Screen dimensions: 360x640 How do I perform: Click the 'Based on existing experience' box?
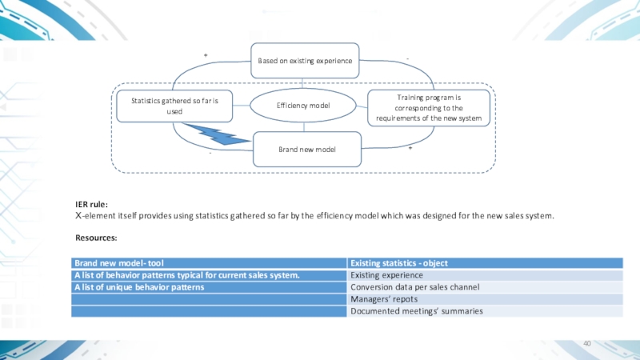[x=305, y=61]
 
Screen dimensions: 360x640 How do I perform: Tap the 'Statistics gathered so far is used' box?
[x=174, y=106]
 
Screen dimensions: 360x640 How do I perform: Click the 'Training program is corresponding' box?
[x=429, y=106]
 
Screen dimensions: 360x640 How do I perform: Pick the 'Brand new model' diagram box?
[x=306, y=150]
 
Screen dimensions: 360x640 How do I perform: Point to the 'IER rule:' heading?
[x=91, y=205]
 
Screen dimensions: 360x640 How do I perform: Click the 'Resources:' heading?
[x=96, y=238]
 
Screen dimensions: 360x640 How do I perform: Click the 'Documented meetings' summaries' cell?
[x=416, y=310]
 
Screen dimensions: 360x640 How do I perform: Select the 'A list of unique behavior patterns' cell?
[x=139, y=286]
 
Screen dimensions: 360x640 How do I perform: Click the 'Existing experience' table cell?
[x=386, y=274]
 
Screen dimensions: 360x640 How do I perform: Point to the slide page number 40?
[x=587, y=343]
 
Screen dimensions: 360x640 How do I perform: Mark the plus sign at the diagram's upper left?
[x=206, y=55]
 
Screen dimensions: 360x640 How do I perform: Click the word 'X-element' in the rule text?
[x=95, y=216]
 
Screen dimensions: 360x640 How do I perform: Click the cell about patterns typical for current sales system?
[x=187, y=274]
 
